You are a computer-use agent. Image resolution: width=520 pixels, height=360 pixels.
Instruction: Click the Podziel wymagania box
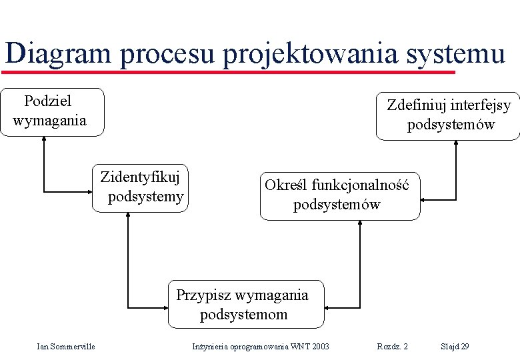52,112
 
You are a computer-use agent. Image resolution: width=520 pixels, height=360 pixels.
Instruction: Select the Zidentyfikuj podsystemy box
140,187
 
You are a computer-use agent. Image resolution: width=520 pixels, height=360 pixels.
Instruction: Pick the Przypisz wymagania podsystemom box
245,304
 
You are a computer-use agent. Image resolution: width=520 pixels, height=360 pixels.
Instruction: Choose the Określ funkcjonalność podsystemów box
340,194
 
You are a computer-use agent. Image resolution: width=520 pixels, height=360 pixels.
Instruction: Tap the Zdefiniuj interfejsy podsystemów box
448,115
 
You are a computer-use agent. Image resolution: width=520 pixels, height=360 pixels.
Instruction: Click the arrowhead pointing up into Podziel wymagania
44,140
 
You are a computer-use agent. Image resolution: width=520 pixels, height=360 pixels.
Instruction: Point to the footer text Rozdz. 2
393,346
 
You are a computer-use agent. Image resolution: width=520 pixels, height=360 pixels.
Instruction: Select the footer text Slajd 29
455,346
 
